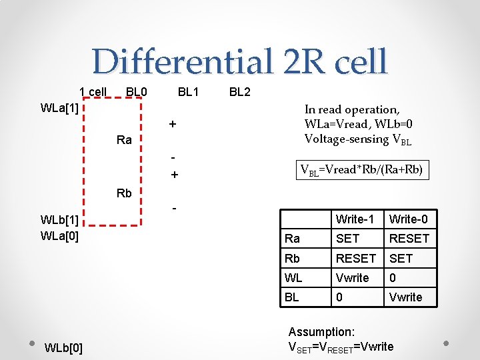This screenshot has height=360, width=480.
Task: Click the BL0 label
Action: [137, 91]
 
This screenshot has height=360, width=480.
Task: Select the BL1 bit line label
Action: [189, 91]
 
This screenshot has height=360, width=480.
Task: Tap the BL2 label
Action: [240, 91]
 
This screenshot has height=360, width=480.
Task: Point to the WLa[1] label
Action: [60, 108]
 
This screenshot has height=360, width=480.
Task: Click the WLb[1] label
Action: [60, 220]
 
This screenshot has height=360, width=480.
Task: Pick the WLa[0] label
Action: [60, 235]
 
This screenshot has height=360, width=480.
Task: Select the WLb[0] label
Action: [63, 348]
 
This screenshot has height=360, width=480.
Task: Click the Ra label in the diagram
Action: [124, 140]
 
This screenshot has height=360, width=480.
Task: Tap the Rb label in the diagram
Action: [124, 193]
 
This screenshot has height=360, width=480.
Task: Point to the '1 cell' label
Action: [93, 91]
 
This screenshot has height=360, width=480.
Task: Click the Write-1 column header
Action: [355, 219]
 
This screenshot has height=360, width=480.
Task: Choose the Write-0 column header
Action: [409, 219]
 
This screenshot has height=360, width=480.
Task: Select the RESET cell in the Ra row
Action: [409, 239]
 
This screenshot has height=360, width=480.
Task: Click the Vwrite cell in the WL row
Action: [353, 277]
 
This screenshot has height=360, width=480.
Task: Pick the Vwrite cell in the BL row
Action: [405, 297]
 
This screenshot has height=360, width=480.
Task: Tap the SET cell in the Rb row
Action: [401, 258]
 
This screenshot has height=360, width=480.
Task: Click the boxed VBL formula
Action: [361, 170]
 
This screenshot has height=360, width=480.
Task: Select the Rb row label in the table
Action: [292, 258]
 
